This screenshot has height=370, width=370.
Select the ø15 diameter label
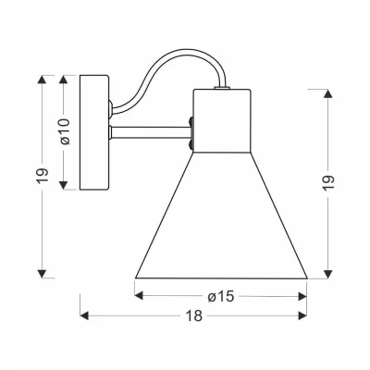[x=220, y=296]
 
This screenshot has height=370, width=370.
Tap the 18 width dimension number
[x=194, y=316]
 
